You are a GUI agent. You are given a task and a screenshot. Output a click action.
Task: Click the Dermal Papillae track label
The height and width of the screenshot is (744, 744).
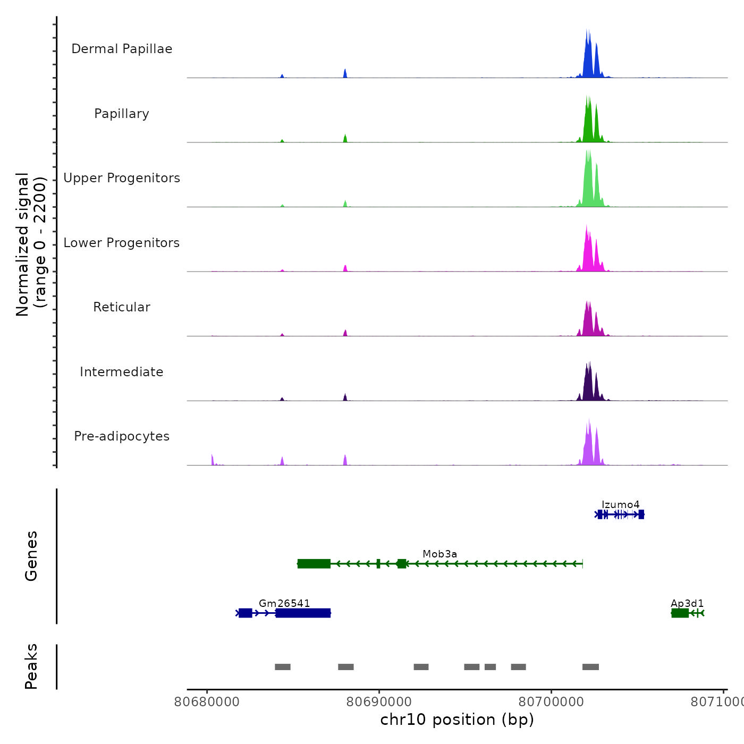[x=122, y=49]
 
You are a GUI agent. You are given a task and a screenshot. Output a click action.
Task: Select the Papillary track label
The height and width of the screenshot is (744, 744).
[x=122, y=114]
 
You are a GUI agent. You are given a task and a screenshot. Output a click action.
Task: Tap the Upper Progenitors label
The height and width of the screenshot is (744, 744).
[x=122, y=178]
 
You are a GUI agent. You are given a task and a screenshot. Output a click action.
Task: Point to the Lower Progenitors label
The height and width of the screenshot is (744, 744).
[x=122, y=243]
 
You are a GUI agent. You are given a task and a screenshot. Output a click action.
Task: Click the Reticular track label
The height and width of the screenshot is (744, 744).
[x=122, y=307]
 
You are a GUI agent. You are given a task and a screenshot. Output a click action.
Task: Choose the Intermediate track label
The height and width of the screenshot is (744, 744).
[x=122, y=372]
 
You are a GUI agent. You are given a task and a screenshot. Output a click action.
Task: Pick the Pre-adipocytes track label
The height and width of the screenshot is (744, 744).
[x=122, y=436]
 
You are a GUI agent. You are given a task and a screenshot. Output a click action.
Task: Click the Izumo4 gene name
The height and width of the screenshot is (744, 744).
[x=620, y=504]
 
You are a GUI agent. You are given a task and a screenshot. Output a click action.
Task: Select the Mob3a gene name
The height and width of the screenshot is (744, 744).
[x=439, y=554]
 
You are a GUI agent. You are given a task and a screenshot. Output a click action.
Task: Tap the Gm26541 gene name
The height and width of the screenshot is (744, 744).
[x=284, y=603]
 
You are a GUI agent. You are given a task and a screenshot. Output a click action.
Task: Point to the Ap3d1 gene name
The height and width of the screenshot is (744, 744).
[x=687, y=603]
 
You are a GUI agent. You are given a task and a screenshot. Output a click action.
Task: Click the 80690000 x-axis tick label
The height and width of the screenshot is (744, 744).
[x=379, y=702]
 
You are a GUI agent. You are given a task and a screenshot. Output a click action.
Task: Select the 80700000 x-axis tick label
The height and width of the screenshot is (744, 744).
[x=552, y=702]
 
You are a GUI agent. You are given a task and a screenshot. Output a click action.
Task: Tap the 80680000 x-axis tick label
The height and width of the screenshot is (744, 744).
[x=207, y=702]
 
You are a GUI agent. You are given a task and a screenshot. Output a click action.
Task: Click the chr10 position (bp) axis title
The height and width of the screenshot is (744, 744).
[x=457, y=720]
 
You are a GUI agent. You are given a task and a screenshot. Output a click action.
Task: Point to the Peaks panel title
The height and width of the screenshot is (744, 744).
[x=31, y=666]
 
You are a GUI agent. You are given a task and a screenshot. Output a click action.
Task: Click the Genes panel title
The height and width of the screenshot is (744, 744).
[x=31, y=555]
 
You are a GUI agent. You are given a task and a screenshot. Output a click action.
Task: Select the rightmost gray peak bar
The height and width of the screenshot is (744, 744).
[x=590, y=667]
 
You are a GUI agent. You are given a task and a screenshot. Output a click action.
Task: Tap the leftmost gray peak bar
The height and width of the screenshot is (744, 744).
[x=283, y=667]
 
